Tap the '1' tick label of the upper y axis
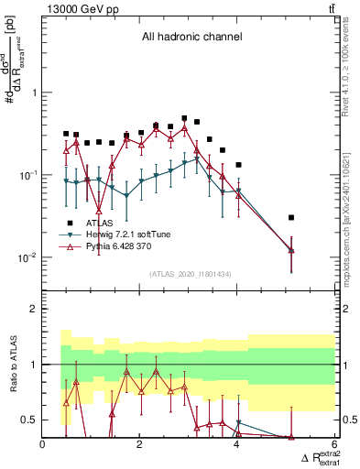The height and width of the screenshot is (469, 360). click(33, 93)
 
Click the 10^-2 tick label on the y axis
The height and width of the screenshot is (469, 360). click(27, 257)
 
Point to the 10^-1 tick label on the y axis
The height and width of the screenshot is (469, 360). click(27, 175)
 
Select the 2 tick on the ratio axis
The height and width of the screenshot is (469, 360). click(33, 309)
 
